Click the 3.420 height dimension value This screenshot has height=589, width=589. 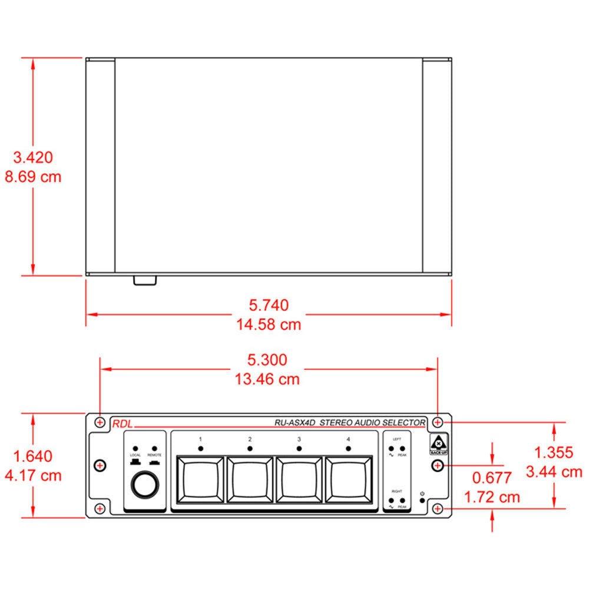tap(34, 157)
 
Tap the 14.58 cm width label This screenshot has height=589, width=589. tap(269, 324)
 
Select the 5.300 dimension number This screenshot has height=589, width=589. tap(268, 360)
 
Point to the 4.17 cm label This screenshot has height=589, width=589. tap(34, 475)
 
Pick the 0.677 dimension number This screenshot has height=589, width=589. tap(492, 478)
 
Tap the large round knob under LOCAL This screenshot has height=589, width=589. tap(144, 485)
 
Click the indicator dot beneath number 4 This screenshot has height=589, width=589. tap(348, 449)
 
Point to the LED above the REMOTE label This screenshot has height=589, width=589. tap(154, 448)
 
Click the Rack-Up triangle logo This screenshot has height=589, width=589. tap(439, 443)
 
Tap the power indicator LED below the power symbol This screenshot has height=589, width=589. tap(422, 501)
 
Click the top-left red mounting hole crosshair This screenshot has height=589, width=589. tap(100, 422)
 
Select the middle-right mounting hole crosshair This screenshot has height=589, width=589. tap(437, 465)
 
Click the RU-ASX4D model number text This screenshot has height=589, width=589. tap(295, 422)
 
